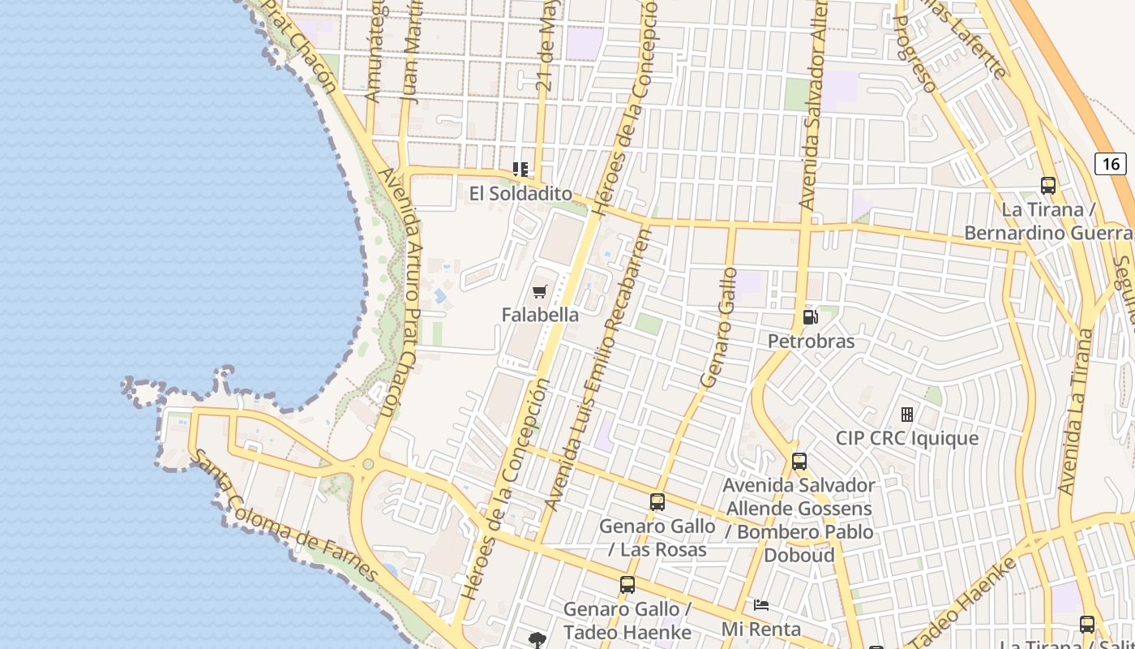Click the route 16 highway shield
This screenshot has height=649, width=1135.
(1111, 164)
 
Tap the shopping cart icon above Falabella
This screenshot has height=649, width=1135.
(540, 291)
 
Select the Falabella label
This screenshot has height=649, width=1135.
(540, 315)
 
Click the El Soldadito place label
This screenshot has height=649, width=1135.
(520, 194)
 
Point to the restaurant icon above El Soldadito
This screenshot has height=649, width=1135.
(520, 170)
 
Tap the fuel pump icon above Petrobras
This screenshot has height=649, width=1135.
(810, 317)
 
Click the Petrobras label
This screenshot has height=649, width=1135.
(811, 341)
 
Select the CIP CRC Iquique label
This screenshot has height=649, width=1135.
(907, 439)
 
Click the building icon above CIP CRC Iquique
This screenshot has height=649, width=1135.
(907, 415)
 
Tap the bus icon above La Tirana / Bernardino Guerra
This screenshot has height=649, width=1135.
(1048, 186)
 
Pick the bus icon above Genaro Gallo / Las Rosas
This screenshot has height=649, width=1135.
(657, 502)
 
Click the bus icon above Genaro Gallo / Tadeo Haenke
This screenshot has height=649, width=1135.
(627, 585)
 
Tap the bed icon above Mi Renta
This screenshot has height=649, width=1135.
(760, 605)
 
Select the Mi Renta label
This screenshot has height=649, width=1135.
(760, 629)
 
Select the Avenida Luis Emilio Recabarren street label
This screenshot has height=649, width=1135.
(598, 369)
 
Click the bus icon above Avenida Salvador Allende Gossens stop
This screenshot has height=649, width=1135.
(799, 462)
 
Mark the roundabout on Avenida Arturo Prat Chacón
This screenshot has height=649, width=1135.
(368, 465)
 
